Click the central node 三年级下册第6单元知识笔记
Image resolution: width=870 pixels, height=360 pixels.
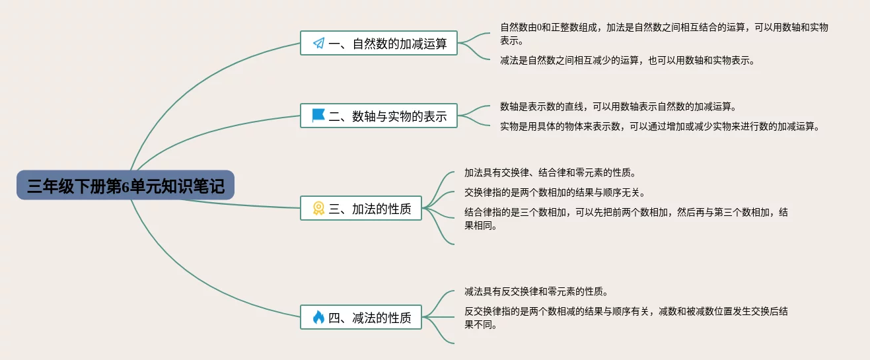(x=126, y=186)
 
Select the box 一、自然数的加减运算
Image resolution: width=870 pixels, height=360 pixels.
(x=379, y=44)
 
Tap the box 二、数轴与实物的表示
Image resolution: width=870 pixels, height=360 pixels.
(x=379, y=116)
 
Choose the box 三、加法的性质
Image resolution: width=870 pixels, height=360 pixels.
(x=361, y=209)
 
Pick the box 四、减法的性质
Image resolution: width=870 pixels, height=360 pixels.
(x=361, y=318)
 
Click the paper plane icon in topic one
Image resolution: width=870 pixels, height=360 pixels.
(x=318, y=44)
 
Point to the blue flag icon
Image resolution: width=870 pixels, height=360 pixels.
(x=318, y=116)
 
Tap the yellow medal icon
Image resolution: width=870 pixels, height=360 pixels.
(x=318, y=209)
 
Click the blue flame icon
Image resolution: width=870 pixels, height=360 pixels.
(x=318, y=318)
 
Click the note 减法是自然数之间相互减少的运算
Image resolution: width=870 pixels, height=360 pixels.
(x=627, y=60)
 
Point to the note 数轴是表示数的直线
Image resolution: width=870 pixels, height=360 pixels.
(x=618, y=106)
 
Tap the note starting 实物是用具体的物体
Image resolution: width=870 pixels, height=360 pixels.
(x=659, y=126)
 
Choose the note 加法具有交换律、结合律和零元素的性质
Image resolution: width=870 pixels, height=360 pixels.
(x=550, y=172)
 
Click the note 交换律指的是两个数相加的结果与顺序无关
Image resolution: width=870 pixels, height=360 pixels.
(x=554, y=193)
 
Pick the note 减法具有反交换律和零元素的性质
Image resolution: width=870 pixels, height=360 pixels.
(x=536, y=291)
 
